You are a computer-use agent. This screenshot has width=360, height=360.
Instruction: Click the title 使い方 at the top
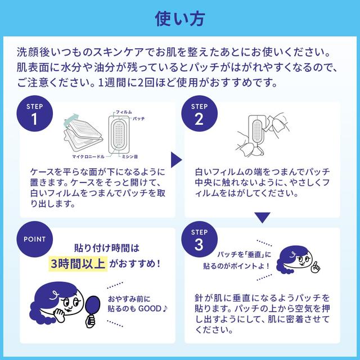pyautogui.click(x=180, y=17)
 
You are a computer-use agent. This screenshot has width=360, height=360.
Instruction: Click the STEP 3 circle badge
pyautogui.click(x=199, y=241)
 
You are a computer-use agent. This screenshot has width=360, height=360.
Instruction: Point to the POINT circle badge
pyautogui.click(x=34, y=239)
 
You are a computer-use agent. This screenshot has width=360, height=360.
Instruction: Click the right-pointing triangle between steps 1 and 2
pyautogui.click(x=177, y=159)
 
